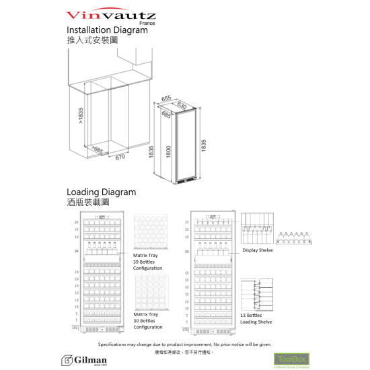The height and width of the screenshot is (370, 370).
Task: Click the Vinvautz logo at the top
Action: pos(111,13)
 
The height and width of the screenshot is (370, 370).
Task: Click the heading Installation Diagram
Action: pos(107,31)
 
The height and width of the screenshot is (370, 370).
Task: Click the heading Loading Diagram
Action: pos(102,192)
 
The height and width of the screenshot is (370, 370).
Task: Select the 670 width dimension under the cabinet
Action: pos(120,158)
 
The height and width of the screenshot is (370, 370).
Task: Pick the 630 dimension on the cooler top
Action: pos(182,105)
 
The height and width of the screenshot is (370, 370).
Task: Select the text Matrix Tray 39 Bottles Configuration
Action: pos(147,262)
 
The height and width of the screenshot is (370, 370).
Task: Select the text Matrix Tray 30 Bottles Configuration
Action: pos(147,320)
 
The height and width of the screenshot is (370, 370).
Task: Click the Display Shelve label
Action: pos(257,250)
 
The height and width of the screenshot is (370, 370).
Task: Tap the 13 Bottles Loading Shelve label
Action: pos(256,318)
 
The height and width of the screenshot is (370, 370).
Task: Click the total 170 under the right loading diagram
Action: pos(186,330)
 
